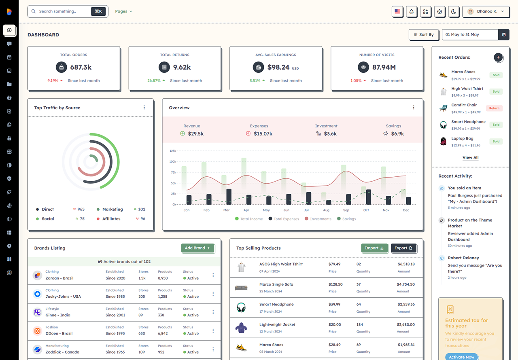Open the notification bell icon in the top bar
412,12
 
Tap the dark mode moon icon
454,12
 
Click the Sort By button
424,35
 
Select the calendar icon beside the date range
504,35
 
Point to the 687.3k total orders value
81,67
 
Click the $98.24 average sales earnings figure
278,67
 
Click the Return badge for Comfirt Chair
494,108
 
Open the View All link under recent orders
470,158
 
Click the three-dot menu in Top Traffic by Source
144,108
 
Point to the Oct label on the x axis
366,210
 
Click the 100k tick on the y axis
173,161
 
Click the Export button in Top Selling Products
403,248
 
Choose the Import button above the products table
374,248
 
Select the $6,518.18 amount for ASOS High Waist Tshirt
406,264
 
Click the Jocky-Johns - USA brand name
63,296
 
